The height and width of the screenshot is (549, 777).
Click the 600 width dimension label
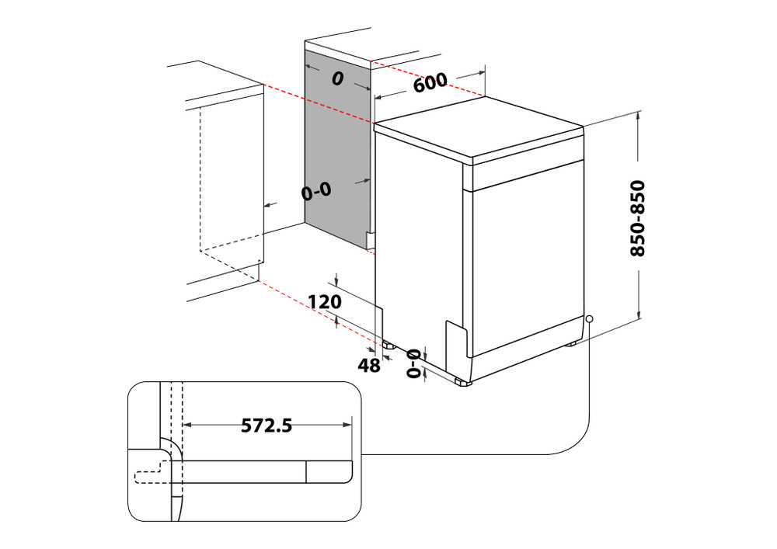(x=430, y=82)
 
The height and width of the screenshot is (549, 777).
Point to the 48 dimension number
(x=369, y=365)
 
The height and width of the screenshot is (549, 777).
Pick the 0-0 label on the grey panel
(x=316, y=190)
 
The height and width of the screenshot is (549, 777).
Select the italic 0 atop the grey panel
(x=337, y=78)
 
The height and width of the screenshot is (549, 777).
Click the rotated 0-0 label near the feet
(x=413, y=363)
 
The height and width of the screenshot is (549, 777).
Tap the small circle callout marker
(x=590, y=319)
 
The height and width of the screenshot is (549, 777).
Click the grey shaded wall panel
(x=334, y=148)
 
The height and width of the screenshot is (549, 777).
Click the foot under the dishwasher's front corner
(x=463, y=382)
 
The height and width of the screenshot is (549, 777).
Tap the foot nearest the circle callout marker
(x=572, y=343)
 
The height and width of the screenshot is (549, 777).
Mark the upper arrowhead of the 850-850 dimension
(x=638, y=116)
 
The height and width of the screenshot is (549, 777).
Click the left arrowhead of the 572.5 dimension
(x=187, y=425)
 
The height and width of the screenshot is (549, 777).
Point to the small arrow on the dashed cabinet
(x=269, y=205)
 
